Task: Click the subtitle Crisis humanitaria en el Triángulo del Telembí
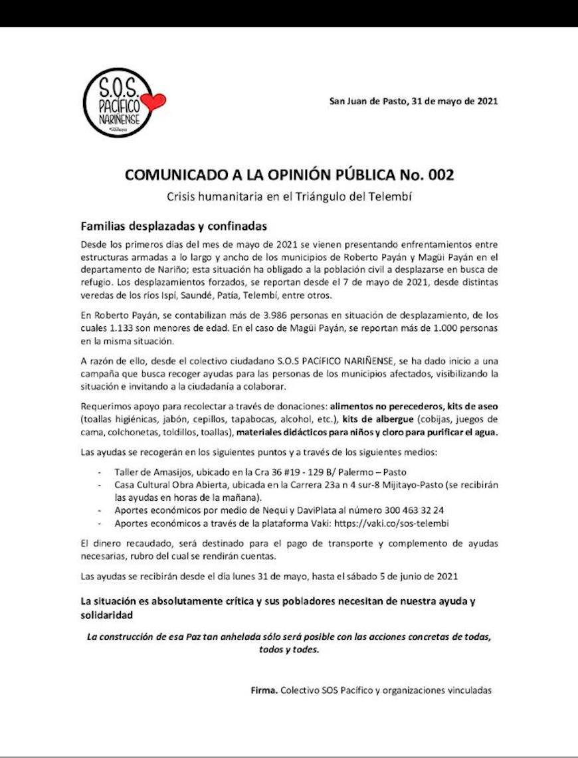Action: [x=289, y=196]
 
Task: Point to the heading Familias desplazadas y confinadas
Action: [x=173, y=225]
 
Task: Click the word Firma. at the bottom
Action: [x=264, y=690]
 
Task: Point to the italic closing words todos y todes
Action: [x=288, y=649]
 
